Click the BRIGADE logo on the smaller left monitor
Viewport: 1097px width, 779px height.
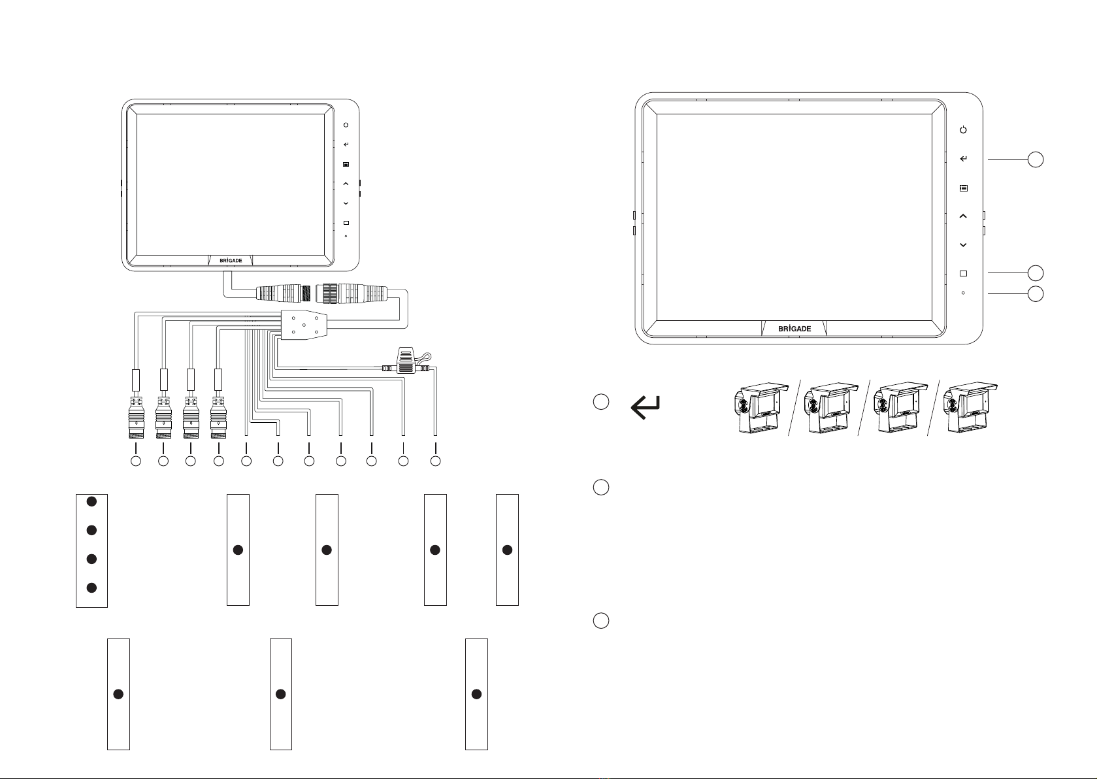pyautogui.click(x=231, y=261)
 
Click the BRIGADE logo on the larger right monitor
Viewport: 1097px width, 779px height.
pyautogui.click(x=794, y=329)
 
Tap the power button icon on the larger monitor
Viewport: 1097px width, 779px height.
pyautogui.click(x=963, y=130)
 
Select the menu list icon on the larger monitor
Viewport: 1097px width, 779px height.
pyautogui.click(x=963, y=188)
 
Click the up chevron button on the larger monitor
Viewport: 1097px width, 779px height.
pyautogui.click(x=963, y=216)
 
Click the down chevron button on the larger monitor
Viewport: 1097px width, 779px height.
pyautogui.click(x=963, y=245)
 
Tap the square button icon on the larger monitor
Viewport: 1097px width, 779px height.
pyautogui.click(x=963, y=273)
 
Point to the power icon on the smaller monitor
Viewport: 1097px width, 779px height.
pyautogui.click(x=346, y=125)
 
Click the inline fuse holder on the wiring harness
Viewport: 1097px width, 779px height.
pyautogui.click(x=406, y=363)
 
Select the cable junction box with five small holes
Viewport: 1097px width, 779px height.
pyautogui.click(x=304, y=325)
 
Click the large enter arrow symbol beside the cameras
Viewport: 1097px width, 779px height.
pyautogui.click(x=646, y=407)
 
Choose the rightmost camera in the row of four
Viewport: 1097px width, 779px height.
pyautogui.click(x=970, y=408)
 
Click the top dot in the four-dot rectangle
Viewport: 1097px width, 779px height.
pyautogui.click(x=91, y=501)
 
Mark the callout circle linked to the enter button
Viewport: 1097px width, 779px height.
pyautogui.click(x=1036, y=159)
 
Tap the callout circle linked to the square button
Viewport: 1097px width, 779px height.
pyautogui.click(x=1036, y=273)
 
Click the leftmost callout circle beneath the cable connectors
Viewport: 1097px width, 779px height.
pyautogui.click(x=136, y=461)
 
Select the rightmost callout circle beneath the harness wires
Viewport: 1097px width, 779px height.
pyautogui.click(x=435, y=461)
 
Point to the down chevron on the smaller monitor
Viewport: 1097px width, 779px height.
pyautogui.click(x=346, y=203)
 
